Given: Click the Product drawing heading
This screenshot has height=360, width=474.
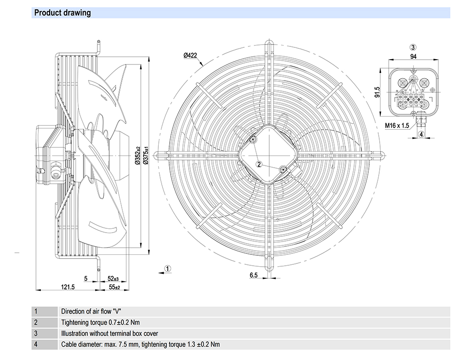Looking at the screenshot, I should coord(63,13).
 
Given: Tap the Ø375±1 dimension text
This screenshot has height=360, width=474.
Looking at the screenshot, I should coord(146,155).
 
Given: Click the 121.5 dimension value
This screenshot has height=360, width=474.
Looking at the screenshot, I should coord(68,287).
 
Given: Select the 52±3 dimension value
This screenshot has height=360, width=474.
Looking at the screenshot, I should coord(113,279).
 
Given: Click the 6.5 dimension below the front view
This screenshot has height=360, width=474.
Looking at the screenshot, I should coord(254,275).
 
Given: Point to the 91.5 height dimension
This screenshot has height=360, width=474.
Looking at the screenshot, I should coord(377,91).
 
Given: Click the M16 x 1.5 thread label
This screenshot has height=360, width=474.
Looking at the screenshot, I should coord(397,126).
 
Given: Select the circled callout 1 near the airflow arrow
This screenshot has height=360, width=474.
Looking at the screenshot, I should coord(168,269).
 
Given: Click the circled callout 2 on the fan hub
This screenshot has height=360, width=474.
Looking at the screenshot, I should coord(259,164).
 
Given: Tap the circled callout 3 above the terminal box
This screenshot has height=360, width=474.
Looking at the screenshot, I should coord(413,47).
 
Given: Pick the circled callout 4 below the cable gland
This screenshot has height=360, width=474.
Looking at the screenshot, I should coord(421,135).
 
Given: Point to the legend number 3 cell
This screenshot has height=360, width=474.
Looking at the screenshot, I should coord(36,333).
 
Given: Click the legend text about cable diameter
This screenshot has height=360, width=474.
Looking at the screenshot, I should coord(140,344).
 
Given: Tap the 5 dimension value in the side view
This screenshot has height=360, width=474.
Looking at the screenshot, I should coord(86,279).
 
